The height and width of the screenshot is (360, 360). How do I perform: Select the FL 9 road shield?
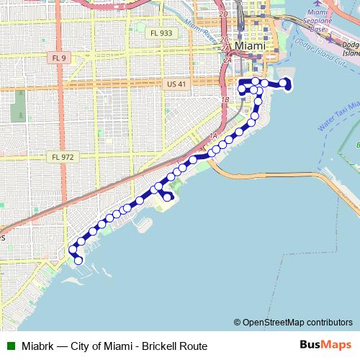pyautogui.click(x=59, y=56)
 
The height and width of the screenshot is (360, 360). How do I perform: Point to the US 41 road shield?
pyautogui.click(x=176, y=84)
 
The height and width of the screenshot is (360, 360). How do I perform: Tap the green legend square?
pyautogui.click(x=10, y=346)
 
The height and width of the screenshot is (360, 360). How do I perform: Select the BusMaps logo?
pyautogui.click(x=325, y=345)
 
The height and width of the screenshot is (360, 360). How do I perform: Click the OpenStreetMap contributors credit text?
pyautogui.click(x=297, y=323)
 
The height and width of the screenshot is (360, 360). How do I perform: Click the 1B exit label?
pyautogui.click(x=225, y=99)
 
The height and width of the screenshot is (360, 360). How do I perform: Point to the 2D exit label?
pyautogui.click(x=223, y=14)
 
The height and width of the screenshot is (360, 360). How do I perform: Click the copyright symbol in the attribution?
pyautogui.click(x=238, y=323)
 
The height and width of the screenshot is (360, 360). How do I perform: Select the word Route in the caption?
pyautogui.click(x=195, y=346)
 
